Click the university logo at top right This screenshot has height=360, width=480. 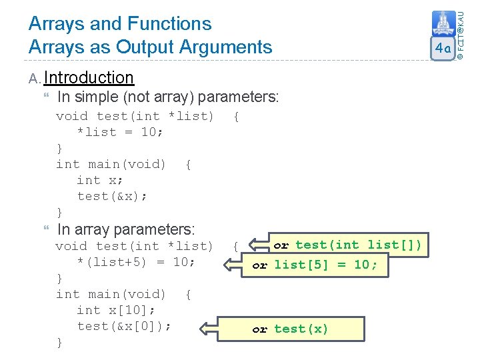pyautogui.click(x=443, y=24)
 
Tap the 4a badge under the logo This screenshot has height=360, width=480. pyautogui.click(x=443, y=49)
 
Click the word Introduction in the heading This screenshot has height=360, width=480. pyautogui.click(x=89, y=78)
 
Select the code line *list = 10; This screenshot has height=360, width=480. pyautogui.click(x=120, y=132)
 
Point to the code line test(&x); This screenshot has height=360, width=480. pyautogui.click(x=112, y=196)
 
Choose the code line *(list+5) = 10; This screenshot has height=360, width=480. pyautogui.click(x=136, y=262)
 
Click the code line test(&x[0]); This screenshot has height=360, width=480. pyautogui.click(x=124, y=326)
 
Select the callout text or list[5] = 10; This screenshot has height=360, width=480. pyautogui.click(x=315, y=265)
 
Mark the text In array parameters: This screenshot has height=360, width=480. pyautogui.click(x=126, y=230)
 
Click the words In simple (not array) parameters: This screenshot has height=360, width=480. pyautogui.click(x=168, y=97)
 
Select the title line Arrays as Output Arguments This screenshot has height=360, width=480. pyautogui.click(x=150, y=47)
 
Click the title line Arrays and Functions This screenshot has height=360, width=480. pyautogui.click(x=119, y=24)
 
